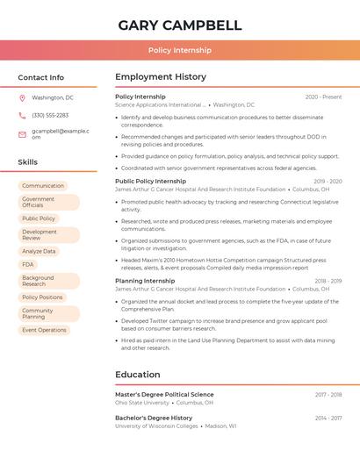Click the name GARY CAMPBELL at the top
(179, 25)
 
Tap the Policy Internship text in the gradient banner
(179, 51)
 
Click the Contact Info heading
(41, 77)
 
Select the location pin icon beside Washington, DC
(22, 97)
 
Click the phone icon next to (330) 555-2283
(22, 115)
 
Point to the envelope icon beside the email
(22, 134)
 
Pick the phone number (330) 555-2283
(50, 115)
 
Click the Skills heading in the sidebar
(28, 162)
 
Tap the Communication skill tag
(43, 186)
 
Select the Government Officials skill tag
(47, 203)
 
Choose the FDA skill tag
(28, 264)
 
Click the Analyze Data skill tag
(39, 251)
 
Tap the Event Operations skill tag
(44, 330)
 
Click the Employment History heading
(161, 77)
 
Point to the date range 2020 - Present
(323, 97)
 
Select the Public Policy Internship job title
(150, 181)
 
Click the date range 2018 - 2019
(328, 281)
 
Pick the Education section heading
(137, 375)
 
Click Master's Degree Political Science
(164, 395)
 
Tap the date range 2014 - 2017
(328, 418)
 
